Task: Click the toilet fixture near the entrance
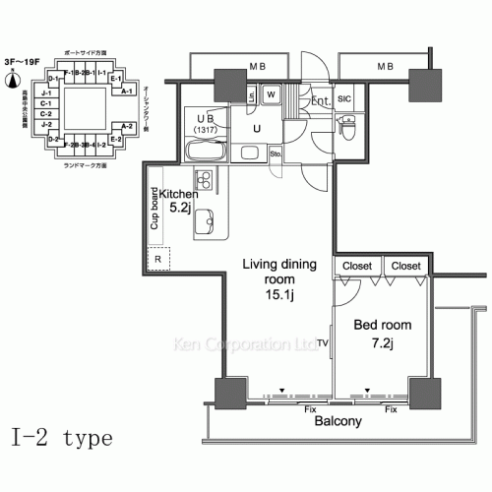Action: [x=349, y=127]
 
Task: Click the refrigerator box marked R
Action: [x=158, y=259]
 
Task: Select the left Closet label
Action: [x=358, y=266]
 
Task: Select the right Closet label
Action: [x=404, y=266]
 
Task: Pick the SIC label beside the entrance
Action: [x=345, y=99]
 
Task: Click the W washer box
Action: [x=272, y=95]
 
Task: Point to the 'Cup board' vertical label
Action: [x=155, y=210]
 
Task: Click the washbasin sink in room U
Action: [x=250, y=153]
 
